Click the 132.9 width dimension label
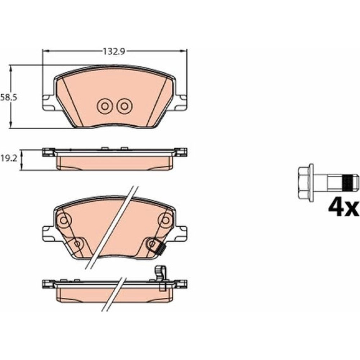coord(114,51)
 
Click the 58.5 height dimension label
coord(9,97)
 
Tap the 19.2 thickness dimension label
coord(9,158)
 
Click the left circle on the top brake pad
coord(105,106)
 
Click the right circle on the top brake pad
coord(124,106)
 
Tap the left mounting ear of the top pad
coord(49,102)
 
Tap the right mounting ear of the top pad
coord(181,102)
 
